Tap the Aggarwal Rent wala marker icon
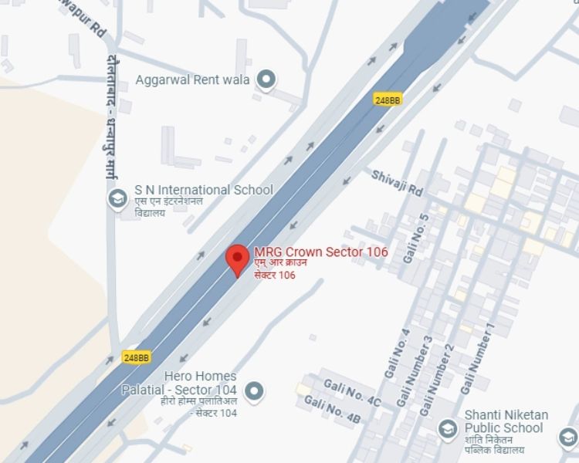point(266,79)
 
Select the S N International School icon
point(117,199)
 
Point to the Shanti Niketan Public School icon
point(447,428)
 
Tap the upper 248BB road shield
point(388,100)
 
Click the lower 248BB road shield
point(137,357)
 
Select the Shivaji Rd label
point(398,184)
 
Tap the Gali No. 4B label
point(333,410)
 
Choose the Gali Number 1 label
point(477,360)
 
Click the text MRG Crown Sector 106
point(320,252)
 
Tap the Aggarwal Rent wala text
point(192,79)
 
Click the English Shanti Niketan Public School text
point(506,421)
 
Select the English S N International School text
point(204,190)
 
